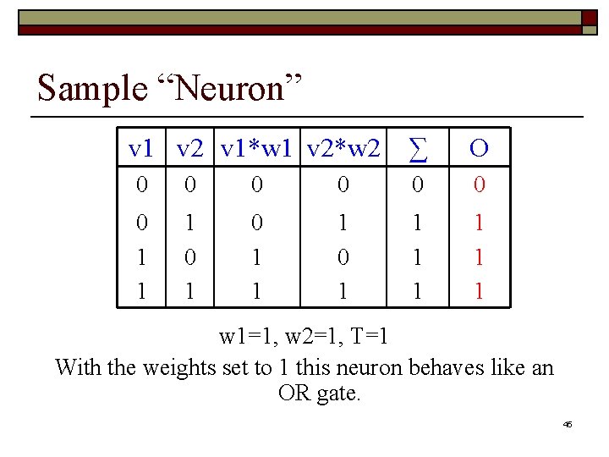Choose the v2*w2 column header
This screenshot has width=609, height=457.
[343, 149]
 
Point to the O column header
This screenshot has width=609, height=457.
[478, 149]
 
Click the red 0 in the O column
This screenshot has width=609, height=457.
[478, 184]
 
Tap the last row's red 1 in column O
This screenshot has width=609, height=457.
[478, 291]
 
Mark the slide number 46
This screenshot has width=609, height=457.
[567, 424]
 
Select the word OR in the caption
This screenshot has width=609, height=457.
[294, 394]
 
